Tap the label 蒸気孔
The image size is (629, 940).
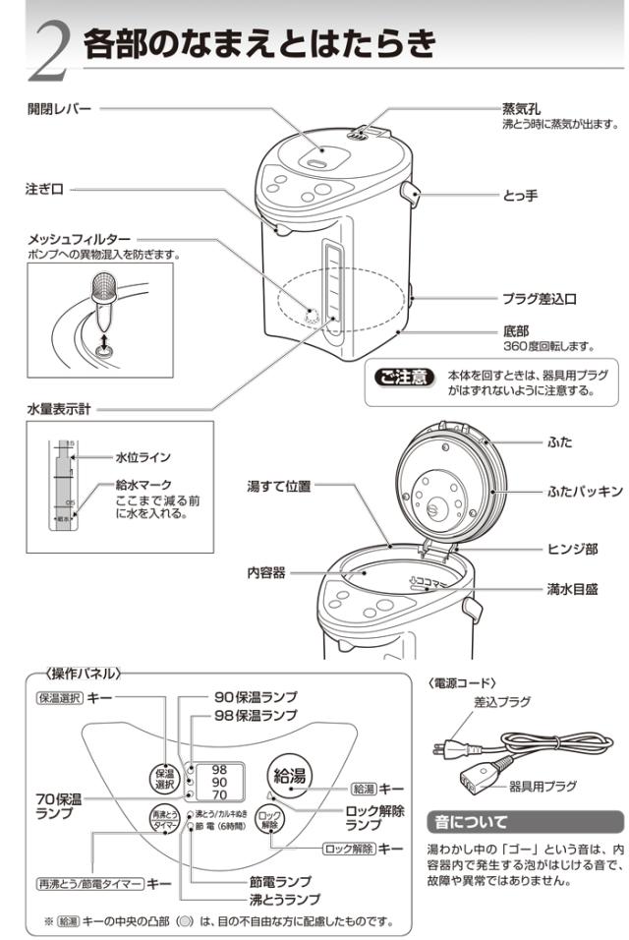522,109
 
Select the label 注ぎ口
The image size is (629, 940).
44,189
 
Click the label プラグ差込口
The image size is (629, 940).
539,298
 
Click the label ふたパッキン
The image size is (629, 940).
586,490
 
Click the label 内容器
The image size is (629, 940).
265,572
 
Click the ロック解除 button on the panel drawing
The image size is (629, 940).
268,821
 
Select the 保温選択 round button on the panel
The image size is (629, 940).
164,779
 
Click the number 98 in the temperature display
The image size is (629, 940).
220,768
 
